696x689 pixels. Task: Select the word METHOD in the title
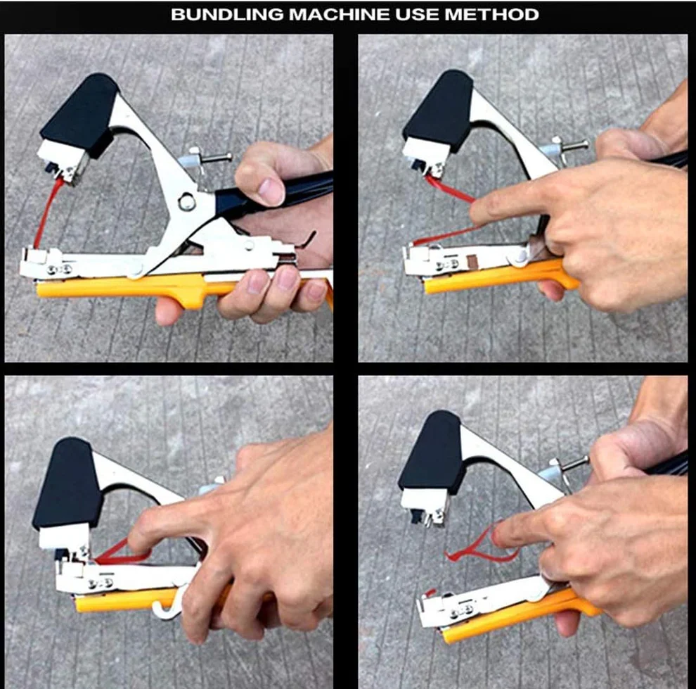pos(492,15)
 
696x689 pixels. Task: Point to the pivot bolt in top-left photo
pos(187,202)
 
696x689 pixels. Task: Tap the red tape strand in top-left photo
pos(47,213)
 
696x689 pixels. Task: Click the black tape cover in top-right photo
pos(439,111)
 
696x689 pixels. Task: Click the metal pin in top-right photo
pos(572,145)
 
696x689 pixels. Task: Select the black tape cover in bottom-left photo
pos(67,482)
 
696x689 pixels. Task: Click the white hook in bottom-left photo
pos(169,603)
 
